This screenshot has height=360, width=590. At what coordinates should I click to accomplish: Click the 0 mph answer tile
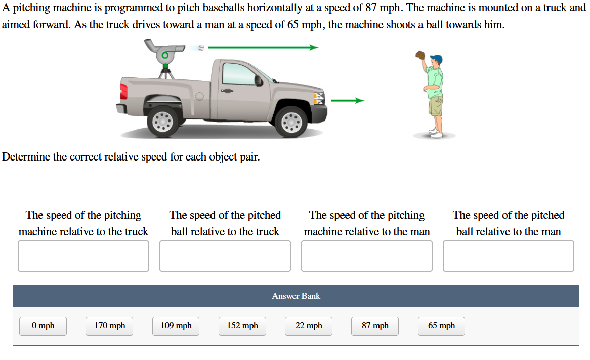click(43, 326)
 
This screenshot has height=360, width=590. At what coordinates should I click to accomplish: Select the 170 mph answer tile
click(109, 326)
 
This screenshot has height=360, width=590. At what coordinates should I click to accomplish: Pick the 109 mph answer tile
click(176, 326)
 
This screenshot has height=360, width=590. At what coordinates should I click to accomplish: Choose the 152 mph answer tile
click(242, 326)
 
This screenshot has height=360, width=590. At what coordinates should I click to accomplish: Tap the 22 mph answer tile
click(309, 326)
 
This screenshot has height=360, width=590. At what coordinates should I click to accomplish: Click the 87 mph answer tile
click(375, 326)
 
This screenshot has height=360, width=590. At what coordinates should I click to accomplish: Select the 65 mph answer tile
click(441, 326)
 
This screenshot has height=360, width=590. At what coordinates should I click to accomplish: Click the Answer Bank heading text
click(296, 296)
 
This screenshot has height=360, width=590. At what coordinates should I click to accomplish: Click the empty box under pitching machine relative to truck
click(83, 256)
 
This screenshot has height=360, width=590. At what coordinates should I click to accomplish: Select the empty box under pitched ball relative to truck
click(225, 256)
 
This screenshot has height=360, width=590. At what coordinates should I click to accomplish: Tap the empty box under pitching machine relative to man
click(367, 256)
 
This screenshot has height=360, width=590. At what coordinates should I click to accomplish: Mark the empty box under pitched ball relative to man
click(509, 256)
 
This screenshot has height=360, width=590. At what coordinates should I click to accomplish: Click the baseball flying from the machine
click(201, 48)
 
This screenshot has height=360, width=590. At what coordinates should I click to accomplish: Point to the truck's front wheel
click(291, 122)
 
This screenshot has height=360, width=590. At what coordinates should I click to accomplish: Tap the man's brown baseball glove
click(420, 55)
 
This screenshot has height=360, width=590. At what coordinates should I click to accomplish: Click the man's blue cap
click(438, 59)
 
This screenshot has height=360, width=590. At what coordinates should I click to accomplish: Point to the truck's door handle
click(226, 91)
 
